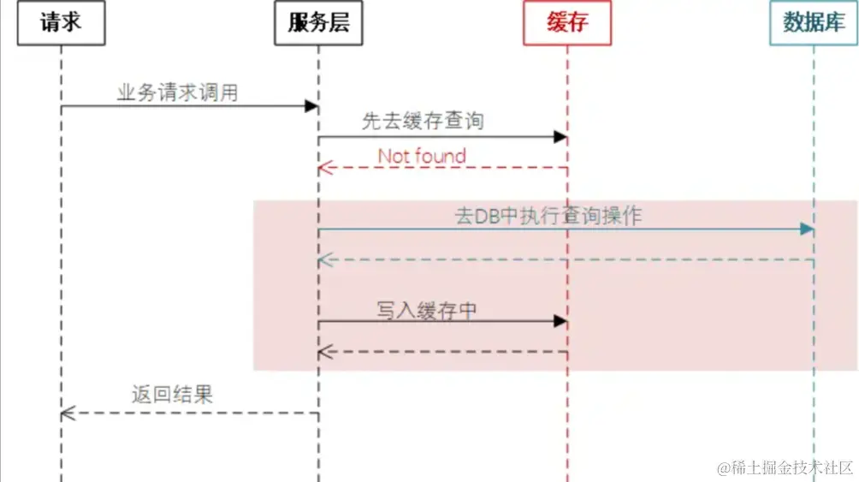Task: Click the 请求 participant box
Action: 61,23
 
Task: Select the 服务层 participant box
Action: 318,23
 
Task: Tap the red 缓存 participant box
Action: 567,23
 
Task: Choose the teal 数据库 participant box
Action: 814,23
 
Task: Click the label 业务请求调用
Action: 177,92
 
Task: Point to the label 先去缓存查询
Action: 423,122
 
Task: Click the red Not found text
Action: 422,156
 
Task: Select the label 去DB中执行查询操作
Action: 548,216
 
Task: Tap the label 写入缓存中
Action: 426,310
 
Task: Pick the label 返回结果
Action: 172,394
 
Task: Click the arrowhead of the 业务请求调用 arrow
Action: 312,106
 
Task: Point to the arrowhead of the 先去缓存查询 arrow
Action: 560,137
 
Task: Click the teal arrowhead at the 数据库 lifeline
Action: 807,229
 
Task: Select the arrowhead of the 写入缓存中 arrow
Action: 560,321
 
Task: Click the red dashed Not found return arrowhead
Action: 324,168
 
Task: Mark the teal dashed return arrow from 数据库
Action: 565,259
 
